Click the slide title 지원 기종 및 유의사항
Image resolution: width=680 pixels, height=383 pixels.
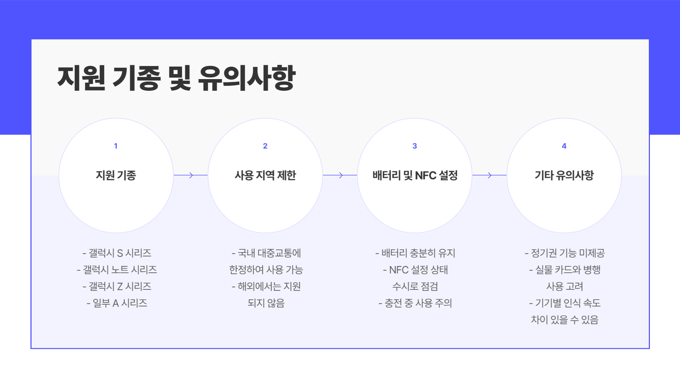(176, 78)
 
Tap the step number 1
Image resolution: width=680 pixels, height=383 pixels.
(116, 146)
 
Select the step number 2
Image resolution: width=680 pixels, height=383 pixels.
(265, 146)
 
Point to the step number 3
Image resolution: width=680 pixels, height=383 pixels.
(415, 146)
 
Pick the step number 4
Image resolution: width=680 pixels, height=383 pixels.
(564, 146)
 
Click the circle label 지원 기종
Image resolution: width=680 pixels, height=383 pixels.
(116, 175)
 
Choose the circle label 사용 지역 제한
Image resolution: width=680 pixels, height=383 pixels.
(265, 175)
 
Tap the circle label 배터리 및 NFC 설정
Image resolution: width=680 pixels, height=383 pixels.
(415, 175)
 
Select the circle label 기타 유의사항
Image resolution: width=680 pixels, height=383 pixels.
(564, 175)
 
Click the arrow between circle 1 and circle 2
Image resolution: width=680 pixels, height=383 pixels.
(191, 175)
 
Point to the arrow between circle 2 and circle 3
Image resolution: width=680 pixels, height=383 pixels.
(340, 175)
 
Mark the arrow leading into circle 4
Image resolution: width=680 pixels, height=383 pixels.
(489, 175)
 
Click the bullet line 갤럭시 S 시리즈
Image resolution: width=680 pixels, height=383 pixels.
(117, 253)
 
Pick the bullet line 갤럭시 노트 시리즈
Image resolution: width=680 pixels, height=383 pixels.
(117, 270)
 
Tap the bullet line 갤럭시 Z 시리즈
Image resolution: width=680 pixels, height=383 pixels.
(117, 287)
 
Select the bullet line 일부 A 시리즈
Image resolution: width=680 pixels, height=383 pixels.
(117, 303)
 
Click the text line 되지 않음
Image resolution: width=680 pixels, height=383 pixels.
(266, 303)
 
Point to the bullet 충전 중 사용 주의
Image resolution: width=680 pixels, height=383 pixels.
(415, 303)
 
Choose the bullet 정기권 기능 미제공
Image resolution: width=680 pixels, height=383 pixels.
(565, 253)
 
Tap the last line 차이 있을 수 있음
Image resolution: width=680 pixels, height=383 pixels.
(565, 320)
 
